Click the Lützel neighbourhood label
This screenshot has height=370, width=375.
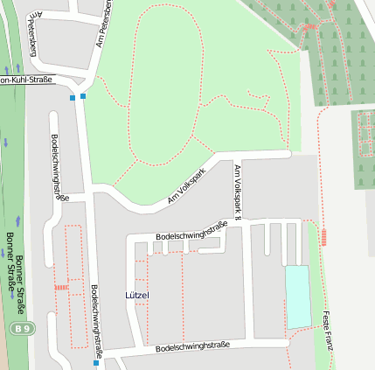(x=137, y=296)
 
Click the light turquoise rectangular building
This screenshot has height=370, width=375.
(x=298, y=297)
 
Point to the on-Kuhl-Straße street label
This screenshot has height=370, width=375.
(x=26, y=80)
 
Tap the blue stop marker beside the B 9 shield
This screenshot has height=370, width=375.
(x=96, y=362)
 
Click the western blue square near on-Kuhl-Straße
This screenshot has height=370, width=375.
(x=73, y=98)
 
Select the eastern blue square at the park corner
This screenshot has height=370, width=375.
(x=83, y=95)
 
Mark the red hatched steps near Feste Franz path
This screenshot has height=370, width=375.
(x=324, y=236)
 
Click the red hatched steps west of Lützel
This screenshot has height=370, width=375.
(x=61, y=287)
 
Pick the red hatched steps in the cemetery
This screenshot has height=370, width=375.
(x=309, y=28)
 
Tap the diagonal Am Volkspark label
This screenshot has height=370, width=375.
(x=185, y=187)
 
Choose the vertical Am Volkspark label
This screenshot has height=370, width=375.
(x=236, y=185)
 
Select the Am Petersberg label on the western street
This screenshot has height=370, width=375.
(x=33, y=35)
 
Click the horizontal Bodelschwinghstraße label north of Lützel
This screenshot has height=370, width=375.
(x=191, y=231)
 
